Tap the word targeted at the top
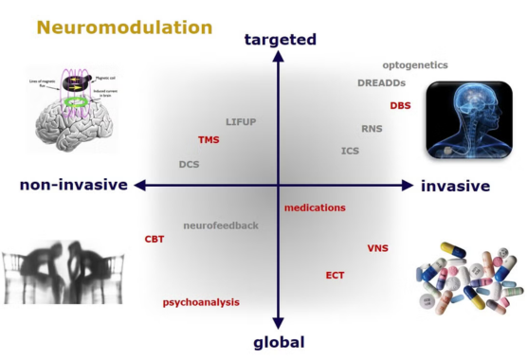click(x=280, y=39)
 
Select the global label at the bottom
click(x=279, y=342)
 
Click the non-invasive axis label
click(x=73, y=185)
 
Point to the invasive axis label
click(x=455, y=186)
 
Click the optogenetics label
click(x=415, y=65)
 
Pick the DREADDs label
click(x=383, y=83)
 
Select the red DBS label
click(x=400, y=105)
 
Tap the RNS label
click(x=372, y=128)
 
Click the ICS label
click(x=351, y=151)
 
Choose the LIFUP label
click(x=242, y=122)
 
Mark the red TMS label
click(x=209, y=140)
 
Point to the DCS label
click(x=189, y=164)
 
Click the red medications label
click(x=315, y=207)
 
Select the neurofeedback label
click(x=221, y=225)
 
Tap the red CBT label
click(x=154, y=240)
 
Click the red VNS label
click(x=378, y=248)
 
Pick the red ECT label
click(x=335, y=276)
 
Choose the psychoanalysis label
click(x=201, y=302)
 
